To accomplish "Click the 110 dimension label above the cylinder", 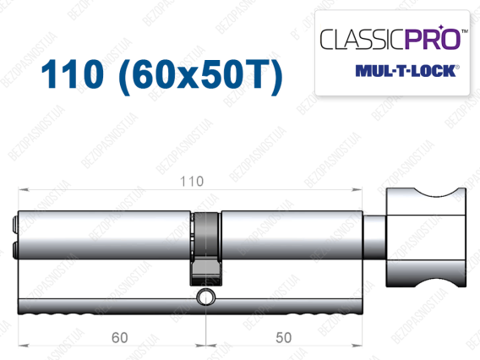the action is pos(192,181).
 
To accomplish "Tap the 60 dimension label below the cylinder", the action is pos(120,338).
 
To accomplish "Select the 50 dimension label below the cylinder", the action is pos(283,338).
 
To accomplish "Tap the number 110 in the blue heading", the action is pos(73,74).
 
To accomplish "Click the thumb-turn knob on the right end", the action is pos(426,237).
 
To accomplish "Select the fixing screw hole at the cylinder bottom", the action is pos(205,297).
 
